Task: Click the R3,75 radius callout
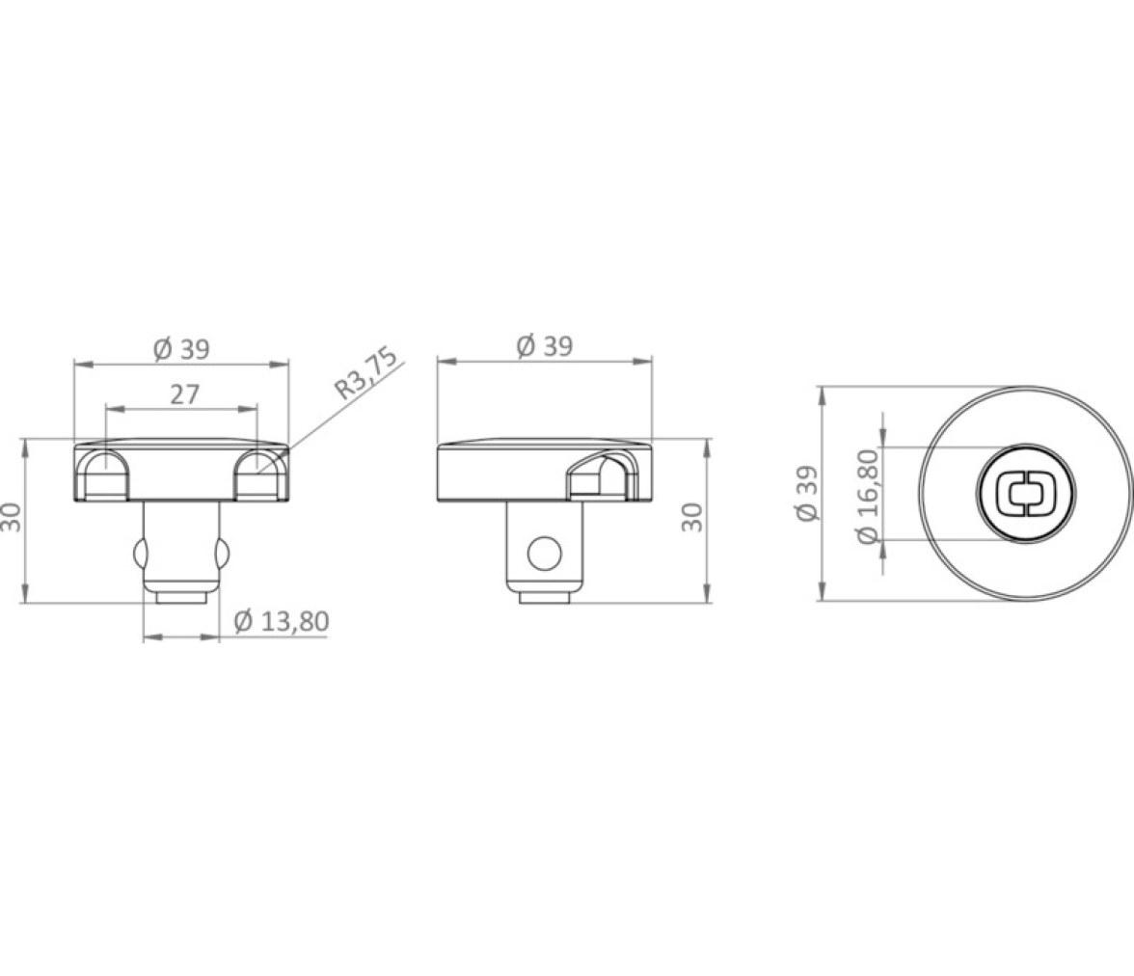tap(366, 374)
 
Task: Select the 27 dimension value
tap(184, 395)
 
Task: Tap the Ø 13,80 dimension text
tap(282, 621)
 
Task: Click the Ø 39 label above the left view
tap(181, 349)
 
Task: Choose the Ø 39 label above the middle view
tap(545, 346)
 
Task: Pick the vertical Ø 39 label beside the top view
tap(807, 492)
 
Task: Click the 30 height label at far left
tap(13, 517)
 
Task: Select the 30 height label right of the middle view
tap(692, 517)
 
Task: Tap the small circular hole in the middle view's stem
tap(545, 554)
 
